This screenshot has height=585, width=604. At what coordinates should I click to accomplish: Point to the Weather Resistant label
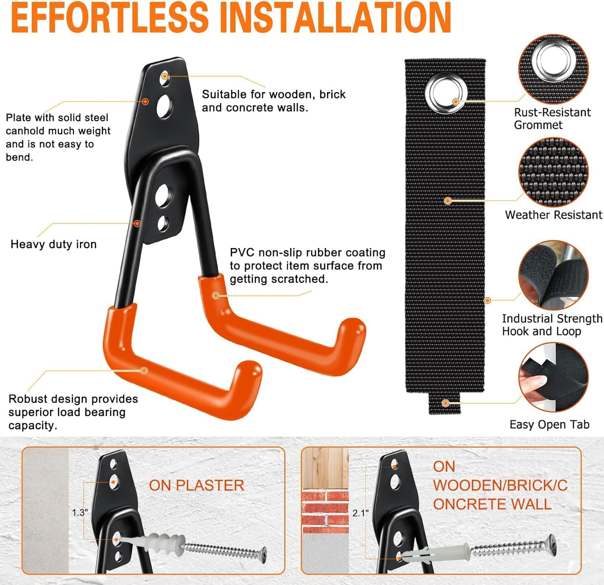[553, 215]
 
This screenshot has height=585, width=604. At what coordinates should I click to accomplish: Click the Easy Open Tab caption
[549, 424]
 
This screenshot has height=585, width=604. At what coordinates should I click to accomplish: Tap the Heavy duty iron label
[54, 244]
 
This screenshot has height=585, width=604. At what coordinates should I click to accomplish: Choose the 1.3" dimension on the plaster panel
[79, 513]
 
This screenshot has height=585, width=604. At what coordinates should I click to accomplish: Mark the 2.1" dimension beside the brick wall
[360, 513]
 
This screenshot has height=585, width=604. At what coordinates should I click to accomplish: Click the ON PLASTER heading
[197, 486]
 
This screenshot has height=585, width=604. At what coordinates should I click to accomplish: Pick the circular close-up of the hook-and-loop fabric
[553, 275]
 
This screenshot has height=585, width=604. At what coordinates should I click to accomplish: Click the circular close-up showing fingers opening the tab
[553, 377]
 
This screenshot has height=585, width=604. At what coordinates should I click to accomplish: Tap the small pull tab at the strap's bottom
[445, 403]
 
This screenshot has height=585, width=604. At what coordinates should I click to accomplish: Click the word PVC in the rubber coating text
[242, 252]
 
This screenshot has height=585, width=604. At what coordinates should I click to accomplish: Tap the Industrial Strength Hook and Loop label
[552, 325]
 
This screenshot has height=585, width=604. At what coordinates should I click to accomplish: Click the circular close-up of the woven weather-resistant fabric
[553, 172]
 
